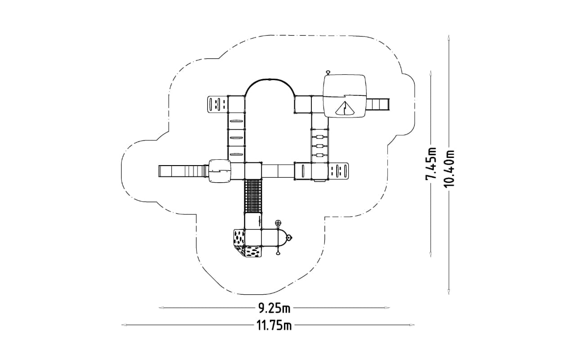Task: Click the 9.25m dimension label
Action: (274, 308)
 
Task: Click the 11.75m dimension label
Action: (274, 325)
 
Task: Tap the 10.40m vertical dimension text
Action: (449, 168)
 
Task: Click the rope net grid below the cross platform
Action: (253, 196)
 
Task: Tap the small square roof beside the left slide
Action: (220, 171)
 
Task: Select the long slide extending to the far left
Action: (183, 171)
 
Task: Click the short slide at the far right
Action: (377, 104)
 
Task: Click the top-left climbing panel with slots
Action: (217, 104)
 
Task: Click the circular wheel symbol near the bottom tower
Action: (278, 223)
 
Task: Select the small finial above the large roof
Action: (328, 72)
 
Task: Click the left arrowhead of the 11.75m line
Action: (124, 325)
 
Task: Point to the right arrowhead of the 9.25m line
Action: (387, 308)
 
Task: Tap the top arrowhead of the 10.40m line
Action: (449, 37)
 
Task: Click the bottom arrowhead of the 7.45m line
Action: (431, 255)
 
